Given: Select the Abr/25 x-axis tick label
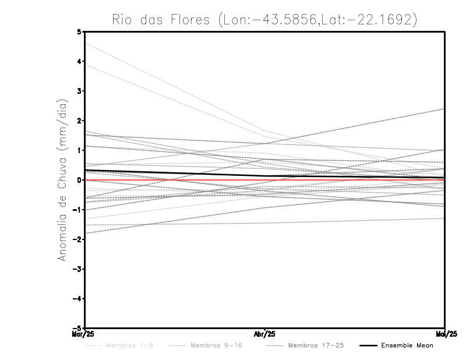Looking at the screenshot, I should click(x=265, y=334).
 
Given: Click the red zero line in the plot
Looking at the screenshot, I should click(x=175, y=180).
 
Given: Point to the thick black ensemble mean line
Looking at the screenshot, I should click(x=175, y=173).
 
